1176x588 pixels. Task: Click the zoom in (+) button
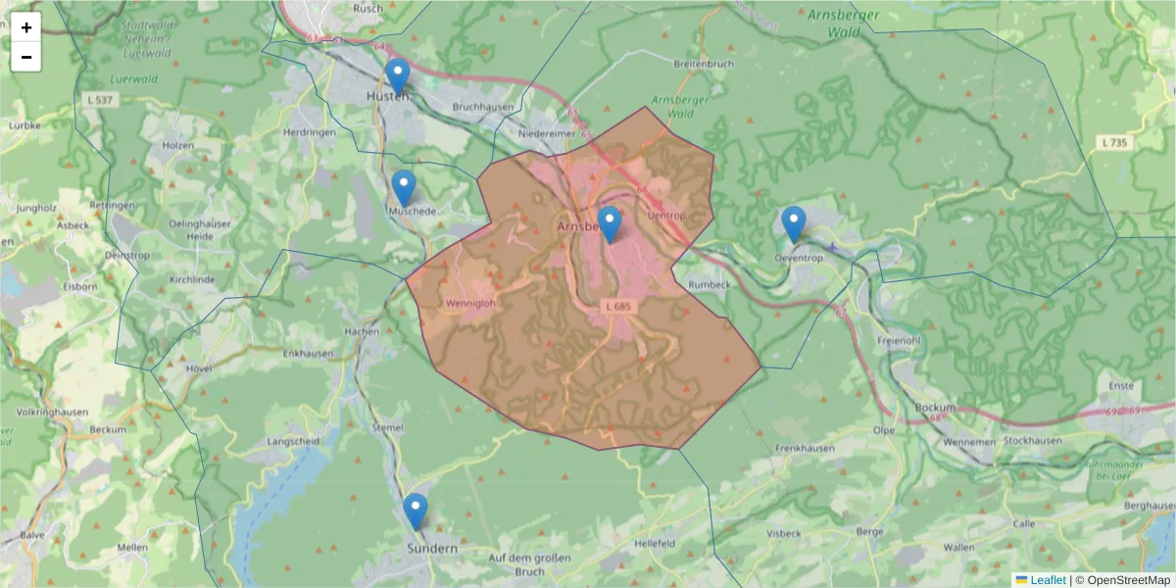(26, 27)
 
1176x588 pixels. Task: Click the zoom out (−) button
(26, 57)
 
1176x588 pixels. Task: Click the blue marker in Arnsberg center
(610, 224)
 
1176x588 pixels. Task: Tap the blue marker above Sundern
(416, 511)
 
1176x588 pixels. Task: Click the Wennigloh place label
(470, 303)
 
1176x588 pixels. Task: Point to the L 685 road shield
(619, 307)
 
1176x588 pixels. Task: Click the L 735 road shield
(1114, 143)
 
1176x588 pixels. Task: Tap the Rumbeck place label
(711, 285)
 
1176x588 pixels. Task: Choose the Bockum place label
(933, 406)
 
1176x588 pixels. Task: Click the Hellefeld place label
(656, 542)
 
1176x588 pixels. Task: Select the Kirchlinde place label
(192, 279)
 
